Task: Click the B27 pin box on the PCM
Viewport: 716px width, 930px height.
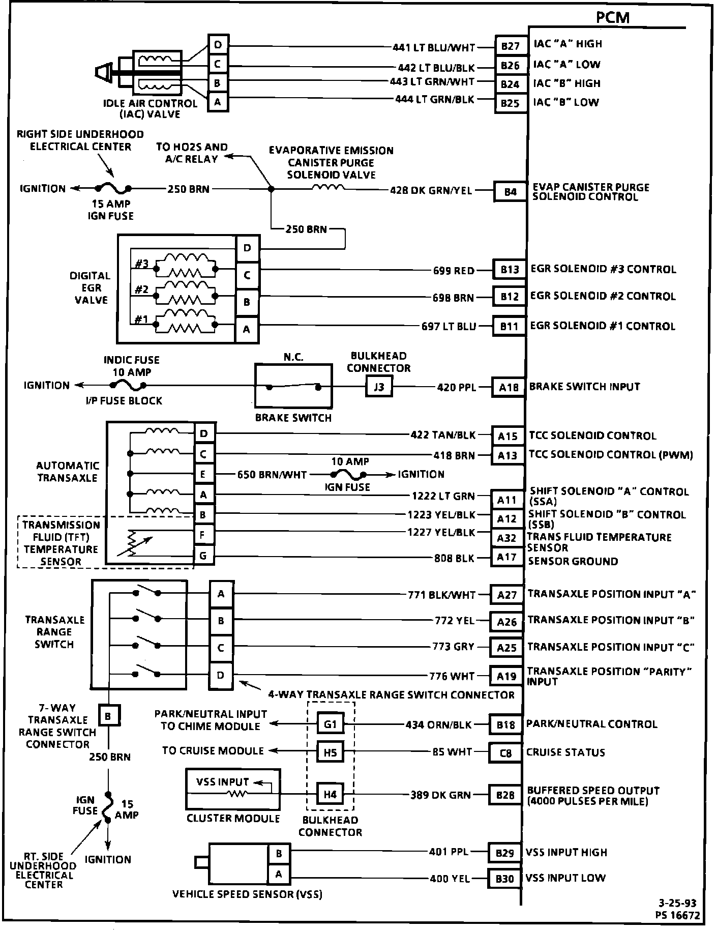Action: [511, 46]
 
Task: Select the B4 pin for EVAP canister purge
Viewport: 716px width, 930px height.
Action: [510, 192]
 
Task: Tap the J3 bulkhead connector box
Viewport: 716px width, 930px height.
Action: [379, 387]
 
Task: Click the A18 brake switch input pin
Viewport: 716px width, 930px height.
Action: [508, 388]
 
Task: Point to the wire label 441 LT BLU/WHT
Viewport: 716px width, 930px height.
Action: [433, 48]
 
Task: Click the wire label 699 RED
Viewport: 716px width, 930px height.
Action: [454, 271]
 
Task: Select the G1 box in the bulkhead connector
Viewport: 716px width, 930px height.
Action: [330, 724]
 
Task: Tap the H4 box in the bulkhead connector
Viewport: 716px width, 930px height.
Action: [330, 794]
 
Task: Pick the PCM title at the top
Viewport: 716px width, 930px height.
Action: [612, 18]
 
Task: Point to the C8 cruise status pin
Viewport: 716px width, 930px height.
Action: [505, 753]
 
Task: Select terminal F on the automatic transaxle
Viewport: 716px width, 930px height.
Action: [203, 535]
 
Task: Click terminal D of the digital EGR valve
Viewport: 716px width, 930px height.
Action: [247, 248]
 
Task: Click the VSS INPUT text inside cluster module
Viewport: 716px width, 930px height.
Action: [222, 782]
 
